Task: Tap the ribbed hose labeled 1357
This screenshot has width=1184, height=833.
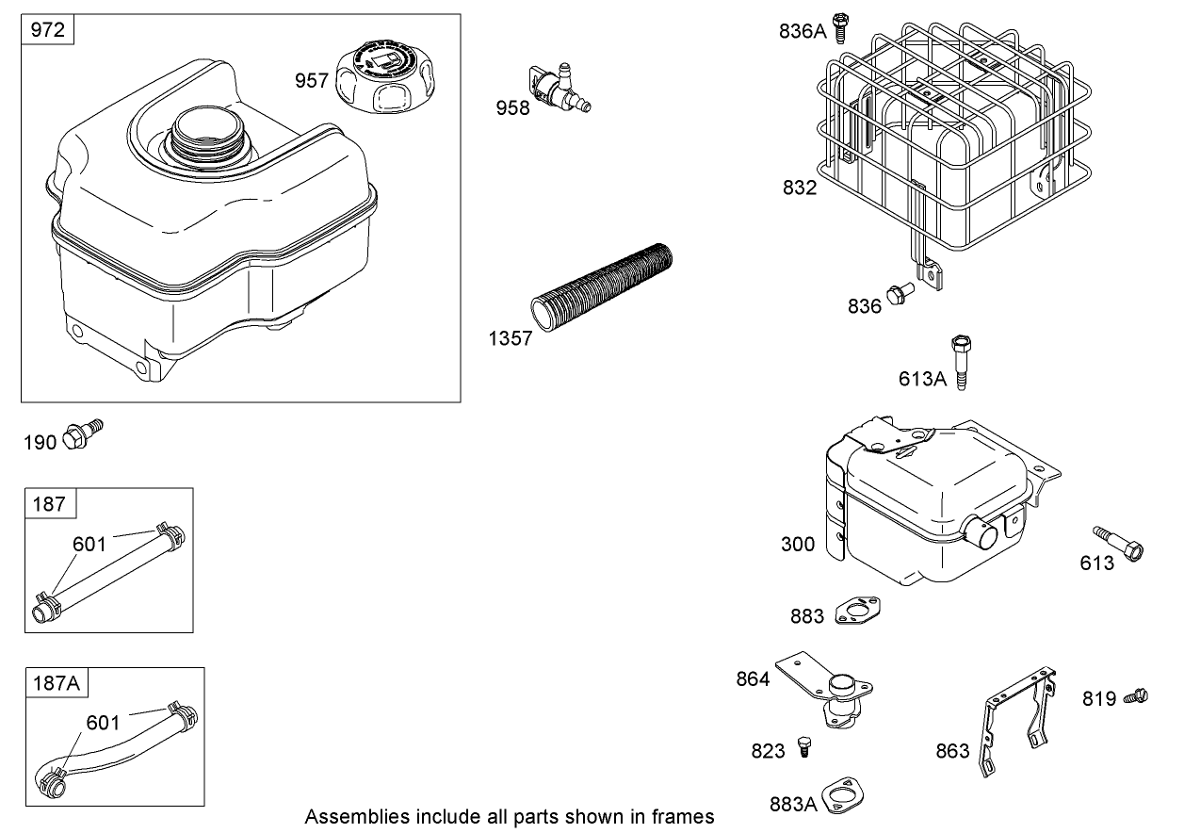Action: click(603, 284)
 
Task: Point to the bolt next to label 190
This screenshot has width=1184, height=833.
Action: click(83, 434)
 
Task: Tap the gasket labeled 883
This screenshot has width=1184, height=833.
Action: click(856, 611)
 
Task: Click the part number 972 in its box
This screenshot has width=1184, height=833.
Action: click(48, 30)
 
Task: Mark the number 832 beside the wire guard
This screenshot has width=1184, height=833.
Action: click(800, 188)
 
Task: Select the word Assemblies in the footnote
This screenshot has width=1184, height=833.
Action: click(347, 816)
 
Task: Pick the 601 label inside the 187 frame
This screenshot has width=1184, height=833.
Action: click(89, 544)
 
